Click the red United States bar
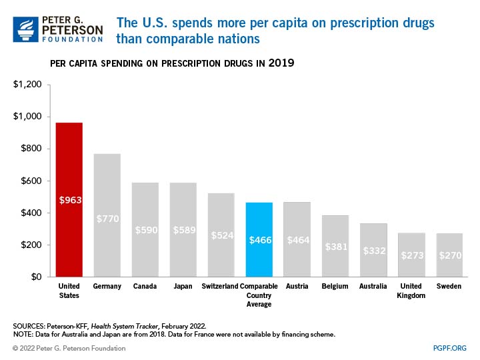pyautogui.click(x=69, y=199)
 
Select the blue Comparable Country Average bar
pyautogui.click(x=259, y=239)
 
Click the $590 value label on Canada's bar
pyautogui.click(x=145, y=230)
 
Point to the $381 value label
pyautogui.click(x=335, y=246)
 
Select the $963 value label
pyautogui.click(x=69, y=199)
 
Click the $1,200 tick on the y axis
pyautogui.click(x=28, y=85)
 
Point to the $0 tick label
pyautogui.click(x=37, y=277)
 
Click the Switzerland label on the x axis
pyautogui.click(x=221, y=287)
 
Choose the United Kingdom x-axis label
pyautogui.click(x=411, y=291)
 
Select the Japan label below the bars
pyautogui.click(x=183, y=287)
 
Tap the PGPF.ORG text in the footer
pyautogui.click(x=449, y=348)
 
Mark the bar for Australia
pyautogui.click(x=373, y=250)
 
